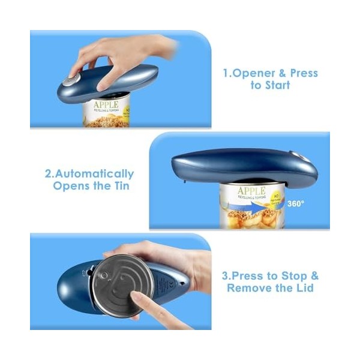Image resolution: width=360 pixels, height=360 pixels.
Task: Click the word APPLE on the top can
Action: (x=106, y=105)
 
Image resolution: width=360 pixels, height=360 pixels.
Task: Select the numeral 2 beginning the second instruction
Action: (x=49, y=174)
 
